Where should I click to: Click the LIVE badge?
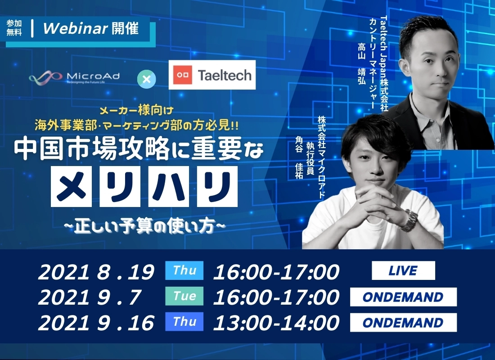coord(403,270)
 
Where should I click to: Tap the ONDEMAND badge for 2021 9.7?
coord(403,297)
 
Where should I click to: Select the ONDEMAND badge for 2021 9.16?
coord(403,322)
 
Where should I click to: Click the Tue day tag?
coord(184,296)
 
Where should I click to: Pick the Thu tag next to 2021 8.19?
coord(184,270)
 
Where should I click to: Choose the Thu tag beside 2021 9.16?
coord(184,321)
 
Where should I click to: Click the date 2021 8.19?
coord(96,272)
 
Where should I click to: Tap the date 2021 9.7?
coord(89,297)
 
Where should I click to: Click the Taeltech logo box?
coord(212,75)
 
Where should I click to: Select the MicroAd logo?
coord(74,77)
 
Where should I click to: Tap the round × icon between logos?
coord(147,79)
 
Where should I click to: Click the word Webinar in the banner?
coord(76,28)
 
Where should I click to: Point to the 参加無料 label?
coord(14,28)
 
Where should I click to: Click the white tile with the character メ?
coord(71,187)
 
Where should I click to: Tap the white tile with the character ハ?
coord(168,187)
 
